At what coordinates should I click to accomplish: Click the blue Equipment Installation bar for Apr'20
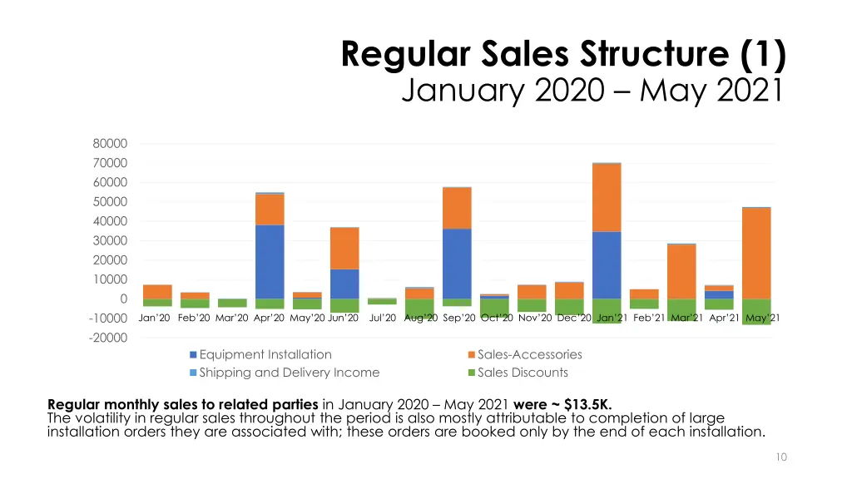point(270,261)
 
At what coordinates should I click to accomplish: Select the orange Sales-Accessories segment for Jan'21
point(607,197)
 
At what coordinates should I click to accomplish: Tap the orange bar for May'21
point(756,253)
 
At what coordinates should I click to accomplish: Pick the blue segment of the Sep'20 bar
point(457,263)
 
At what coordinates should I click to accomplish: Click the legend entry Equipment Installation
point(265,354)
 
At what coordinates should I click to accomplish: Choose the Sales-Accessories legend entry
point(529,354)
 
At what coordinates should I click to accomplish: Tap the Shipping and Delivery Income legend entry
point(289,373)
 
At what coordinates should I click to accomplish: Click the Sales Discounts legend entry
point(523,373)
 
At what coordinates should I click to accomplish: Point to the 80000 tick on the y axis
point(110,144)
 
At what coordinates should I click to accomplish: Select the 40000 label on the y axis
point(110,221)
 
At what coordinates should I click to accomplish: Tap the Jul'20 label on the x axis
point(382,318)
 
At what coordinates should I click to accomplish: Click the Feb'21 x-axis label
point(648,318)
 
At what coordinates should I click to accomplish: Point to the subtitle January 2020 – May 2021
point(592,88)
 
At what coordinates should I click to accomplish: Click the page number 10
point(780,457)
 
